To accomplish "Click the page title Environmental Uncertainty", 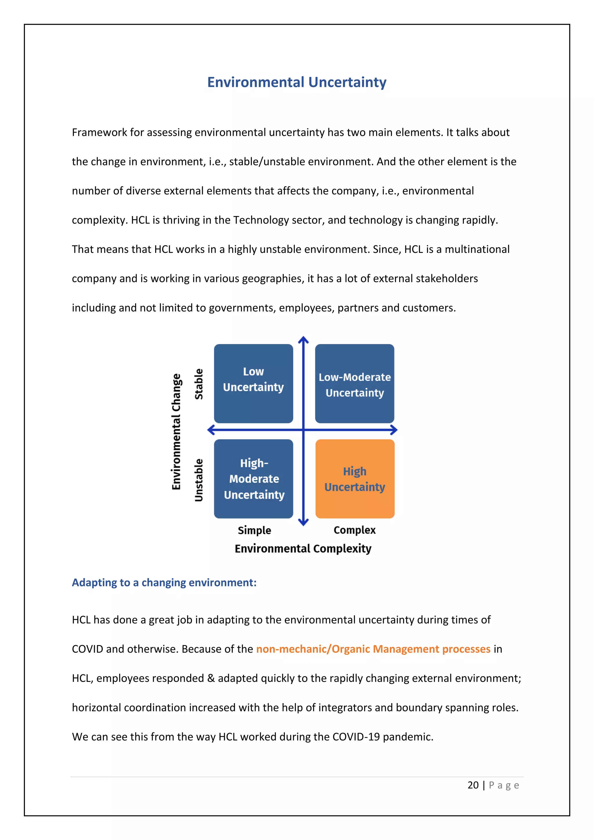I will click(297, 82).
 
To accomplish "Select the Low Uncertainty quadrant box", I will click(253, 383).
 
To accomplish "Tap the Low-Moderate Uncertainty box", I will click(354, 383).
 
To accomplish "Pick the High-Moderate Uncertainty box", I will click(253, 479).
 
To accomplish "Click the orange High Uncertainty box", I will click(355, 479).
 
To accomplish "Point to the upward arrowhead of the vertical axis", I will click(303, 340).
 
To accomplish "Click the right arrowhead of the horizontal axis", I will click(394, 430).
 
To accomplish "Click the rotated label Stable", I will click(199, 384).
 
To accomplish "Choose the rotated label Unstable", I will click(199, 480).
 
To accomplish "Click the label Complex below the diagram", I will click(354, 530).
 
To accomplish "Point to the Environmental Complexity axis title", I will click(303, 548).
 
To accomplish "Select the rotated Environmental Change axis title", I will click(176, 431).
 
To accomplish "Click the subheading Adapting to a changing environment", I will click(164, 582).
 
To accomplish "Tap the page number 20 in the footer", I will click(473, 785).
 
